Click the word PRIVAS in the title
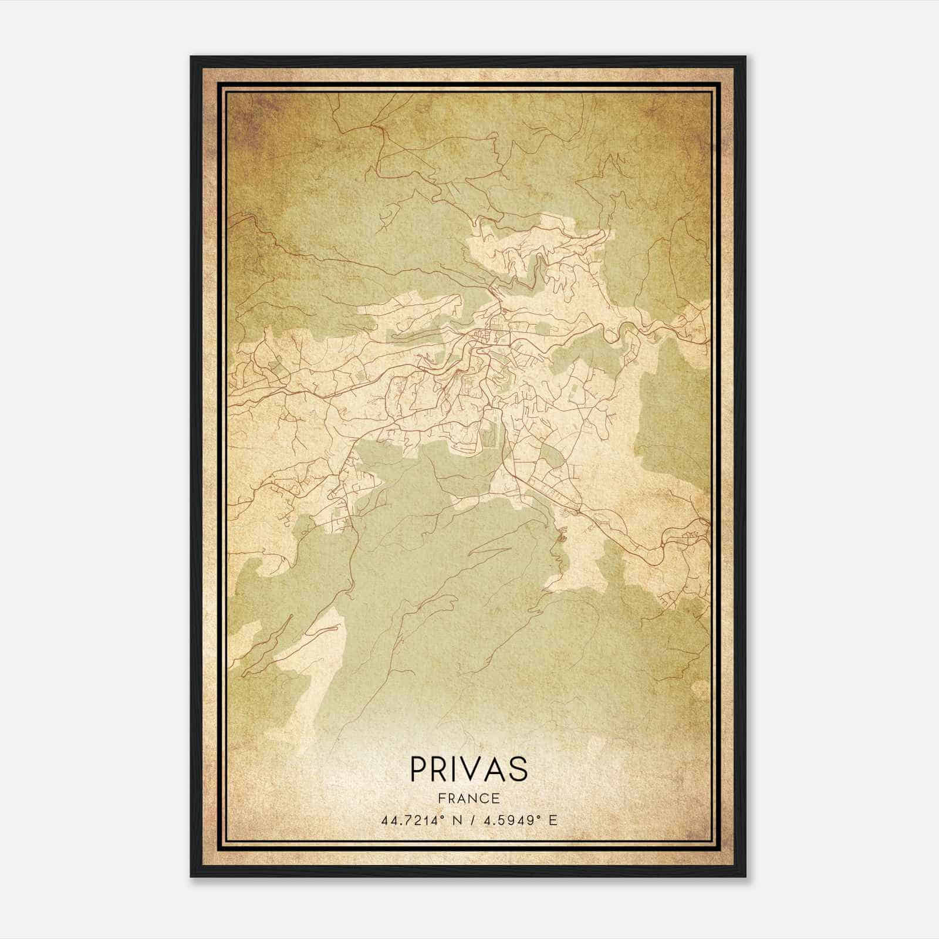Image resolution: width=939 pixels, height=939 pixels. click(x=469, y=769)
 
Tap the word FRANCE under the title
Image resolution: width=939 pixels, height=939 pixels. click(x=469, y=798)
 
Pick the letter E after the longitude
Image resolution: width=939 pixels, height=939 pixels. click(x=552, y=820)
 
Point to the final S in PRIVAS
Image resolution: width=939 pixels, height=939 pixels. click(x=518, y=769)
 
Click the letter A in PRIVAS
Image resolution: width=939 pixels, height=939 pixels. click(x=495, y=769)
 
